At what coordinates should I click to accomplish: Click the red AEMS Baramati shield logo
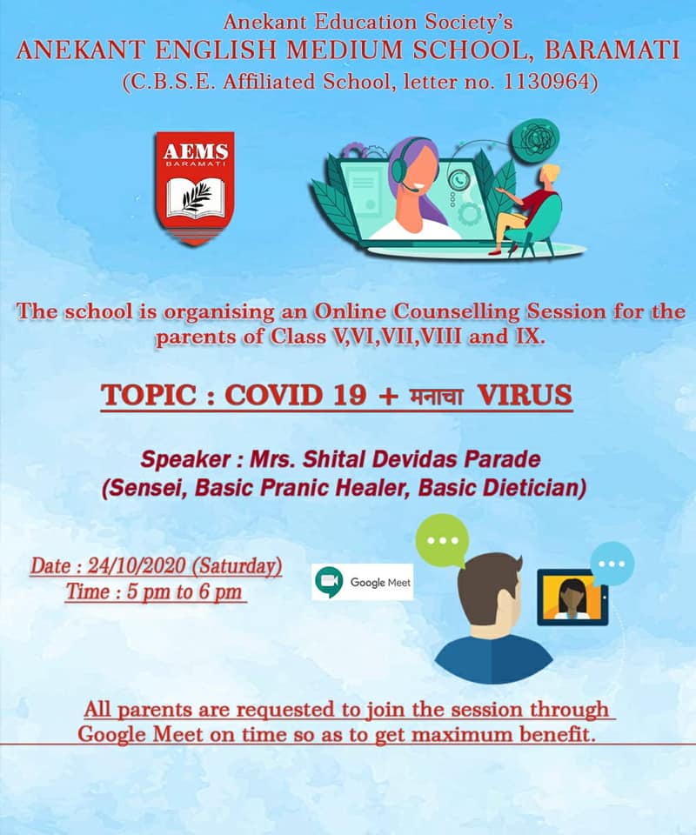point(195,189)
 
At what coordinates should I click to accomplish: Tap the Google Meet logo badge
point(362,582)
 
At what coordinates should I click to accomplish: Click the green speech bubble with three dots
point(441,540)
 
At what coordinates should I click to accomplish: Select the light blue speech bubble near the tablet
point(612,564)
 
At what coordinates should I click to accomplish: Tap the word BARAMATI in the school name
point(612,50)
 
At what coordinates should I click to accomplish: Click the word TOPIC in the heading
point(149,395)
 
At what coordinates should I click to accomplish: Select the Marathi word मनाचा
point(436,397)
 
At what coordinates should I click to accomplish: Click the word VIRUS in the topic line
point(525,395)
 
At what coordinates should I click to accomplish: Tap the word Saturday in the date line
point(237,566)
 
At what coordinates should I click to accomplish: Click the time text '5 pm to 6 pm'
point(184,591)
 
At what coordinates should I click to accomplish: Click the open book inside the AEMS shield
point(196,197)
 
